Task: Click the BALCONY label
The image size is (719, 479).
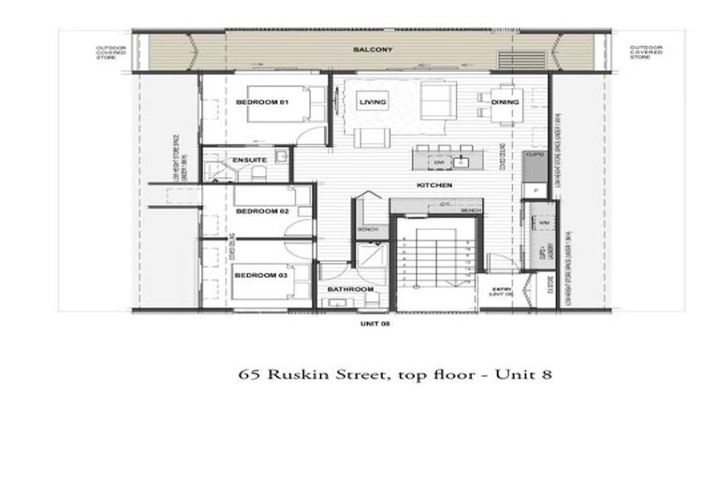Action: [x=372, y=49]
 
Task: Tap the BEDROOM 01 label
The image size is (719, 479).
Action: [x=261, y=101]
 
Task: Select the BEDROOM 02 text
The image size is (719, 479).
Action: [x=261, y=211]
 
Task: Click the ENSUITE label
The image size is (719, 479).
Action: [x=251, y=160]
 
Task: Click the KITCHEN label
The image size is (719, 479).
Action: [x=435, y=185]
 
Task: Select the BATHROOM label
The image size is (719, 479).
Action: [x=350, y=289]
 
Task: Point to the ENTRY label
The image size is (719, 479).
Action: [x=501, y=290]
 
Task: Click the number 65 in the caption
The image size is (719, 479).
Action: [x=249, y=375]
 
